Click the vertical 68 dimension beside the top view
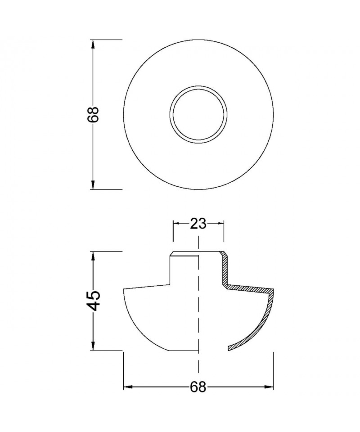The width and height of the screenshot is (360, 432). pyautogui.click(x=93, y=114)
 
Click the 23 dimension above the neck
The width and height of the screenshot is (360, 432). pyautogui.click(x=198, y=224)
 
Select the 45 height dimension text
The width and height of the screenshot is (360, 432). pyautogui.click(x=93, y=300)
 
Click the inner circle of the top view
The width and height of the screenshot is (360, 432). pyautogui.click(x=198, y=86)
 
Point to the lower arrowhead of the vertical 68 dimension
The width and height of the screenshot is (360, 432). pyautogui.click(x=93, y=184)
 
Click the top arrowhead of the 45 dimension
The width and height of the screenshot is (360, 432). pyautogui.click(x=93, y=257)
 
